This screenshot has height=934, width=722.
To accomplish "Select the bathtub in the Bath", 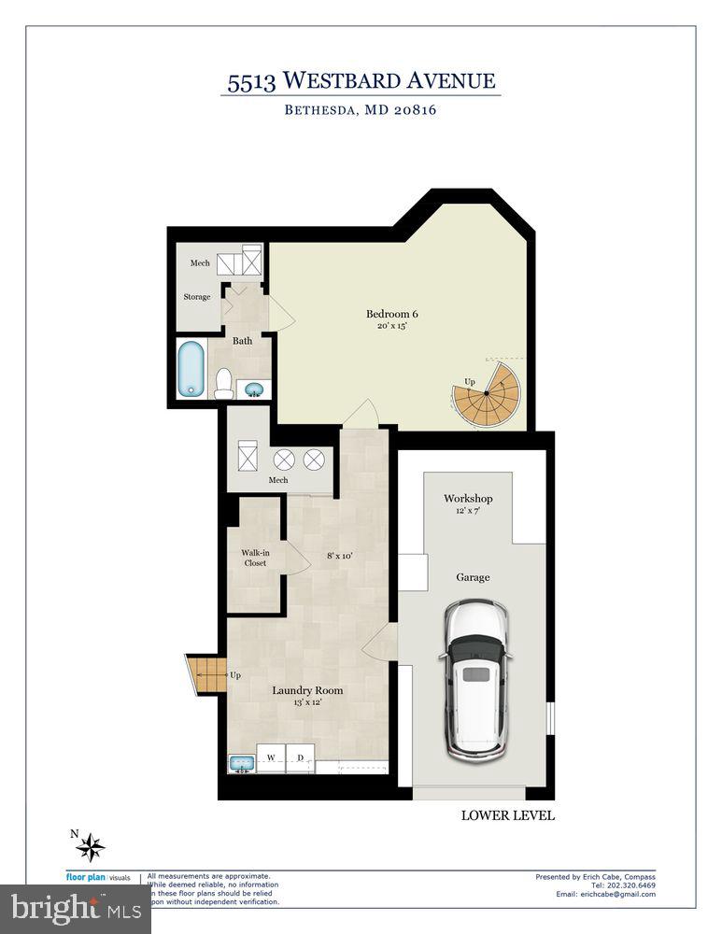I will coord(191,370).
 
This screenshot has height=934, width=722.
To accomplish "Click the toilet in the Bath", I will coord(223,383).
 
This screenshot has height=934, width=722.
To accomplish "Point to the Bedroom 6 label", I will coord(391,314).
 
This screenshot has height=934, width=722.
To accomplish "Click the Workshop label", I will coord(468,499).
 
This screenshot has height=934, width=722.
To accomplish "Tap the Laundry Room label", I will coord(307,690).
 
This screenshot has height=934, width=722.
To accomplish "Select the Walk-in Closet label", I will coord(254,558).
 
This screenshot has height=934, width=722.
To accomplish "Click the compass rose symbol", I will coord(90,846).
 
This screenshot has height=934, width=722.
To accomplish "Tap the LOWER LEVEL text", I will coord(508,815).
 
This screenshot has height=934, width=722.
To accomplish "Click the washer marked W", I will coord(271,758).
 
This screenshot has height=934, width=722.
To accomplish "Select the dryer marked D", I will coord(300,758).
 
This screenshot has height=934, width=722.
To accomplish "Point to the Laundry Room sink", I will coord(240,764).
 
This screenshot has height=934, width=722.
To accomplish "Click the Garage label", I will coord(473,577).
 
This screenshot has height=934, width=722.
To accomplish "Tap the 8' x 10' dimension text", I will coord(338,556).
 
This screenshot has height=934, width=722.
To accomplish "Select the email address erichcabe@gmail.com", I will coord(611,894).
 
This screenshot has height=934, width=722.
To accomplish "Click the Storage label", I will coord(196,297).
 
